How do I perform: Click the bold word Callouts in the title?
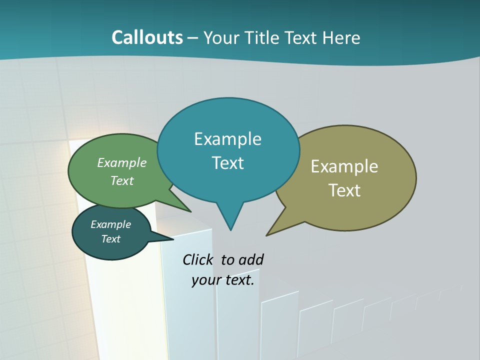(147, 37)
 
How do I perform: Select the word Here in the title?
(341, 37)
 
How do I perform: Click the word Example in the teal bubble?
(227, 139)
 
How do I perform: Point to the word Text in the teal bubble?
(227, 163)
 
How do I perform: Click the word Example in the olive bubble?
(344, 166)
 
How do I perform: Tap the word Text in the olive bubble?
(344, 190)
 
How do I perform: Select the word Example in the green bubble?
(122, 162)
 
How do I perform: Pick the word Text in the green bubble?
(122, 180)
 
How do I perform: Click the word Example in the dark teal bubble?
(110, 224)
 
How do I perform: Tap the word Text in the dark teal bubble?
(110, 239)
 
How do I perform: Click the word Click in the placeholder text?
(198, 259)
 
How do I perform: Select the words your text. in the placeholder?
(222, 280)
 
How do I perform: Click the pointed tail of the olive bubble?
(268, 233)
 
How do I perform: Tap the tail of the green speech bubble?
(189, 210)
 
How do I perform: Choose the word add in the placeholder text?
(251, 259)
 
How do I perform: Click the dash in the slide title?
(193, 38)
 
